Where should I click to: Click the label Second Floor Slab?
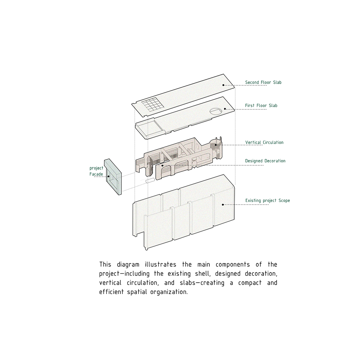pyautogui.click(x=263, y=82)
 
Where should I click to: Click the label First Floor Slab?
pyautogui.click(x=261, y=106)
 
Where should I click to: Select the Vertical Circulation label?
pyautogui.click(x=264, y=143)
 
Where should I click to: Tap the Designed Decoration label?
pyautogui.click(x=265, y=161)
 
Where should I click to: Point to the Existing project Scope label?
pyautogui.click(x=267, y=201)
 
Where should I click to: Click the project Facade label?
pyautogui.click(x=96, y=171)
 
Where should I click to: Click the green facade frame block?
pyautogui.click(x=113, y=177)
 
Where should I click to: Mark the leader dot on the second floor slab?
pyautogui.click(x=223, y=85)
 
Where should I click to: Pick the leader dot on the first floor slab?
pyautogui.click(x=225, y=109)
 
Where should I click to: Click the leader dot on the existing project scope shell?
pyautogui.click(x=223, y=204)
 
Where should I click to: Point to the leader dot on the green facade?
pyautogui.click(x=108, y=177)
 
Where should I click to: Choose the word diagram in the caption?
pyautogui.click(x=128, y=265)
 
